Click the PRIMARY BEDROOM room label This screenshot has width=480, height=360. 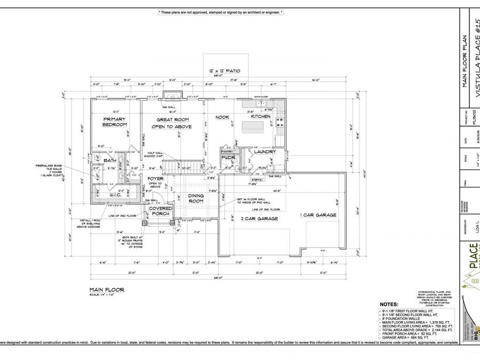click(115, 122)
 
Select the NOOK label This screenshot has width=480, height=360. click(222, 117)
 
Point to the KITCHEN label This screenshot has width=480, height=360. click(261, 116)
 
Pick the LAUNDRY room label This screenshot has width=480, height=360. click(265, 151)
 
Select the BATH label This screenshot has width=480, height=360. click(110, 160)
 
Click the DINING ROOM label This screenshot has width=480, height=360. click(196, 198)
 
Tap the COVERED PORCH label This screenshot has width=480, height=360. click(161, 211)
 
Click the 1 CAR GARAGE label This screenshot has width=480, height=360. click(318, 215)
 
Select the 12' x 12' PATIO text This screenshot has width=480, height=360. click(224, 71)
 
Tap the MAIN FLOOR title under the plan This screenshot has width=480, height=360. click(107, 290)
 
